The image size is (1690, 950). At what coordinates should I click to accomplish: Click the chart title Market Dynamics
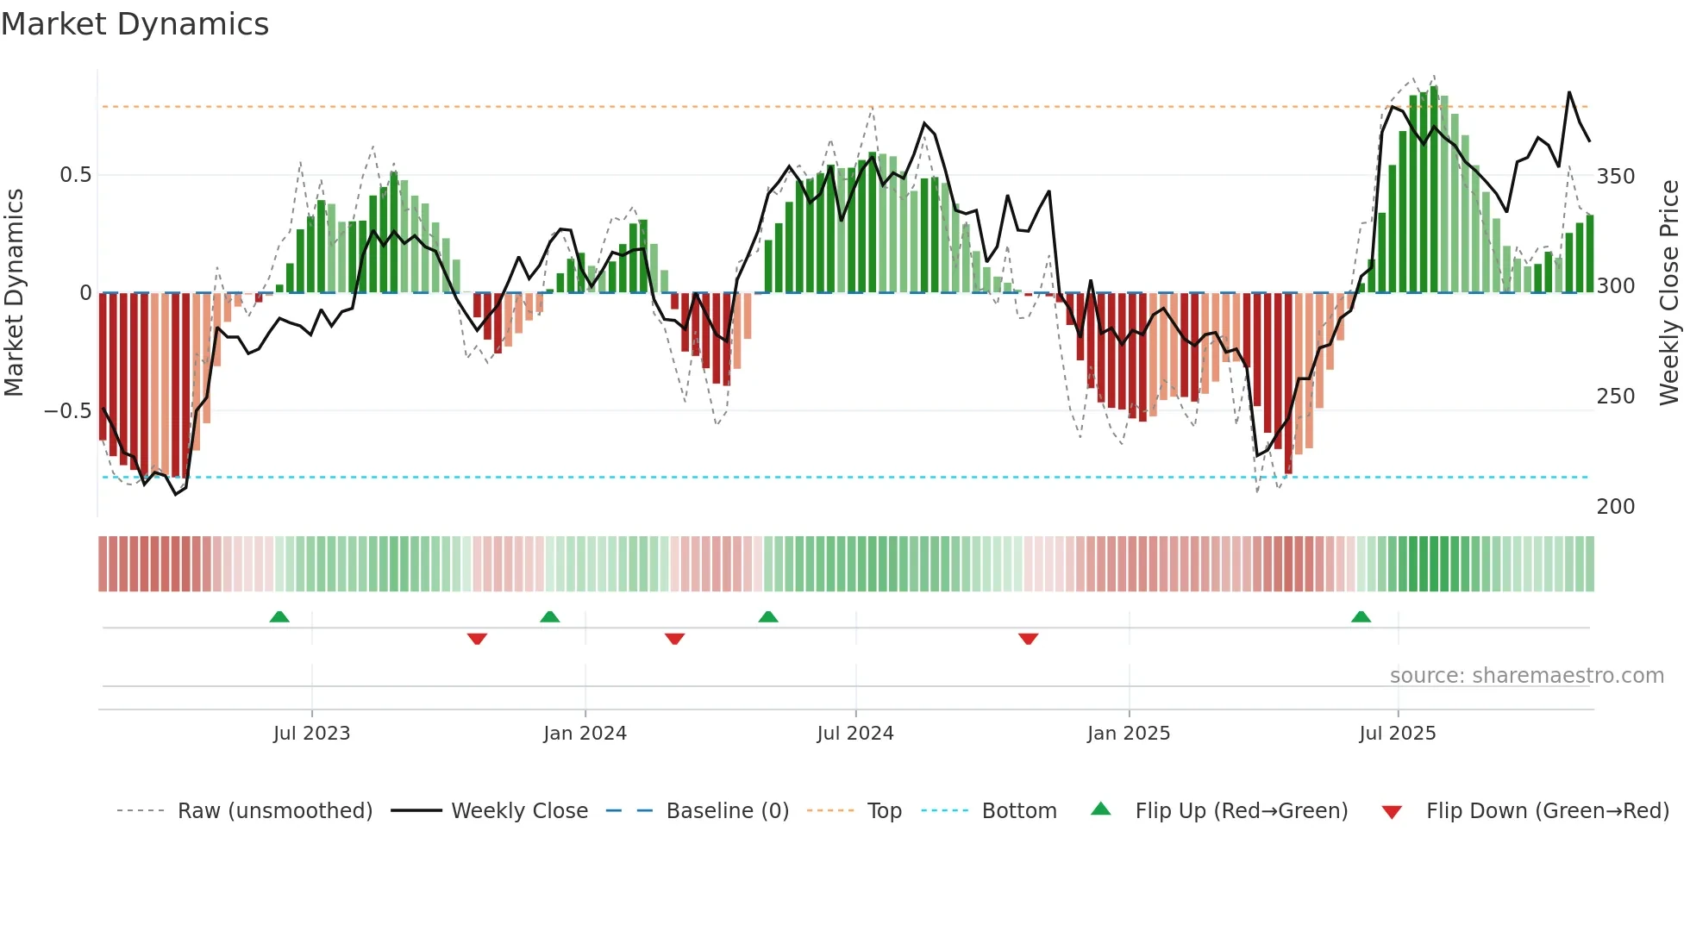point(135,24)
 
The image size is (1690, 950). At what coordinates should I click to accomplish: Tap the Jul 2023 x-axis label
point(311,734)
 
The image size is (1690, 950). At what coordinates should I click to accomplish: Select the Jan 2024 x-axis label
point(585,734)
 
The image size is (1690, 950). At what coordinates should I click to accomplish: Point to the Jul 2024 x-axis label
point(854,734)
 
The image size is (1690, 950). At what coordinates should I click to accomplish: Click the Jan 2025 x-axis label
point(1128,734)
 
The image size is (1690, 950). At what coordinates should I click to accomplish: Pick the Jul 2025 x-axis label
point(1397,734)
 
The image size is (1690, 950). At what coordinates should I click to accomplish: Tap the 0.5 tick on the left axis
point(75,175)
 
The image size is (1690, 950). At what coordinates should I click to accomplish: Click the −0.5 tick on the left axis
point(67,410)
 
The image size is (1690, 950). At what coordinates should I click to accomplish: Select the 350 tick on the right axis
point(1615,177)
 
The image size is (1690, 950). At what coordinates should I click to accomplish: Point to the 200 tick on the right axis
point(1615,507)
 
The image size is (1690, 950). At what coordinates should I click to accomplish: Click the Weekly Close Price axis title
point(1669,293)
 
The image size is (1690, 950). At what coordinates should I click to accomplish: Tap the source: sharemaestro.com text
point(1526,676)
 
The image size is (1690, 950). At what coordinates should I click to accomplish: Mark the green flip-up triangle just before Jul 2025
point(1361,617)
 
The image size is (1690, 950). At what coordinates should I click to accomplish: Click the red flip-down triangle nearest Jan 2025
point(1028,639)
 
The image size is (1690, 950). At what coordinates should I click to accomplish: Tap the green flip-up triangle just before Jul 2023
point(279,617)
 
